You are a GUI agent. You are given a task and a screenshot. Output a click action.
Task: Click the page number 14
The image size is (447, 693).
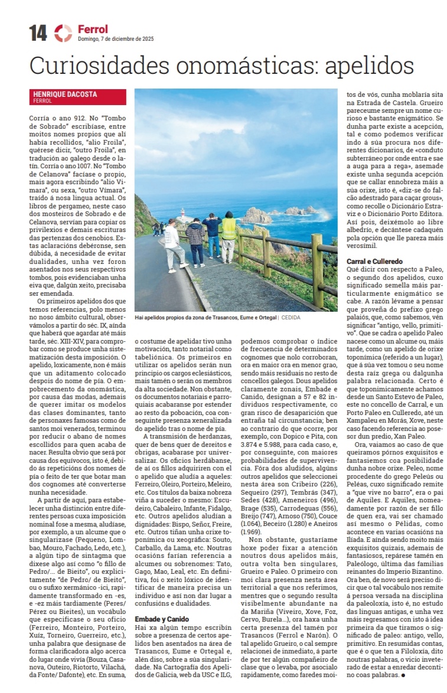coord(38,34)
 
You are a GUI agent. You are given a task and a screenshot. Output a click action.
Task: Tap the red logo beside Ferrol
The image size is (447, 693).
coord(63,33)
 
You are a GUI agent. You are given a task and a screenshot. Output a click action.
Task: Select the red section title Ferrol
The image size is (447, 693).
coord(93,29)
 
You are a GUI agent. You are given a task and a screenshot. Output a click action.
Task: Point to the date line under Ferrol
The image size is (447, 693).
coord(116,40)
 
